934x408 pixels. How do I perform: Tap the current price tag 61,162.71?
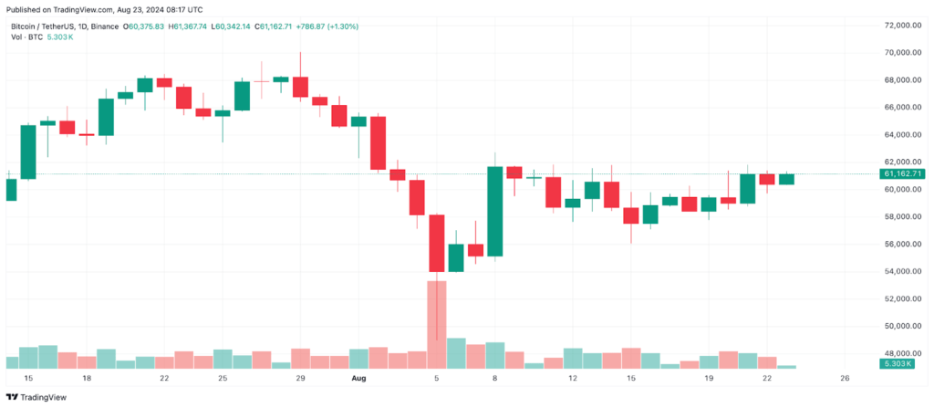902,173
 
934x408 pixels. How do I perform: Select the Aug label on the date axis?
359,379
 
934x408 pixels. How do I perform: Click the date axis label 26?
845,379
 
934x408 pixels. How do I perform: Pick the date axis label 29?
300,379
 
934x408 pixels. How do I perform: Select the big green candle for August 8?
495,211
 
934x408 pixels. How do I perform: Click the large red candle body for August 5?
437,243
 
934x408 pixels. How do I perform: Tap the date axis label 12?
573,379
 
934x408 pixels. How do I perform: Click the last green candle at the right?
786,179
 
